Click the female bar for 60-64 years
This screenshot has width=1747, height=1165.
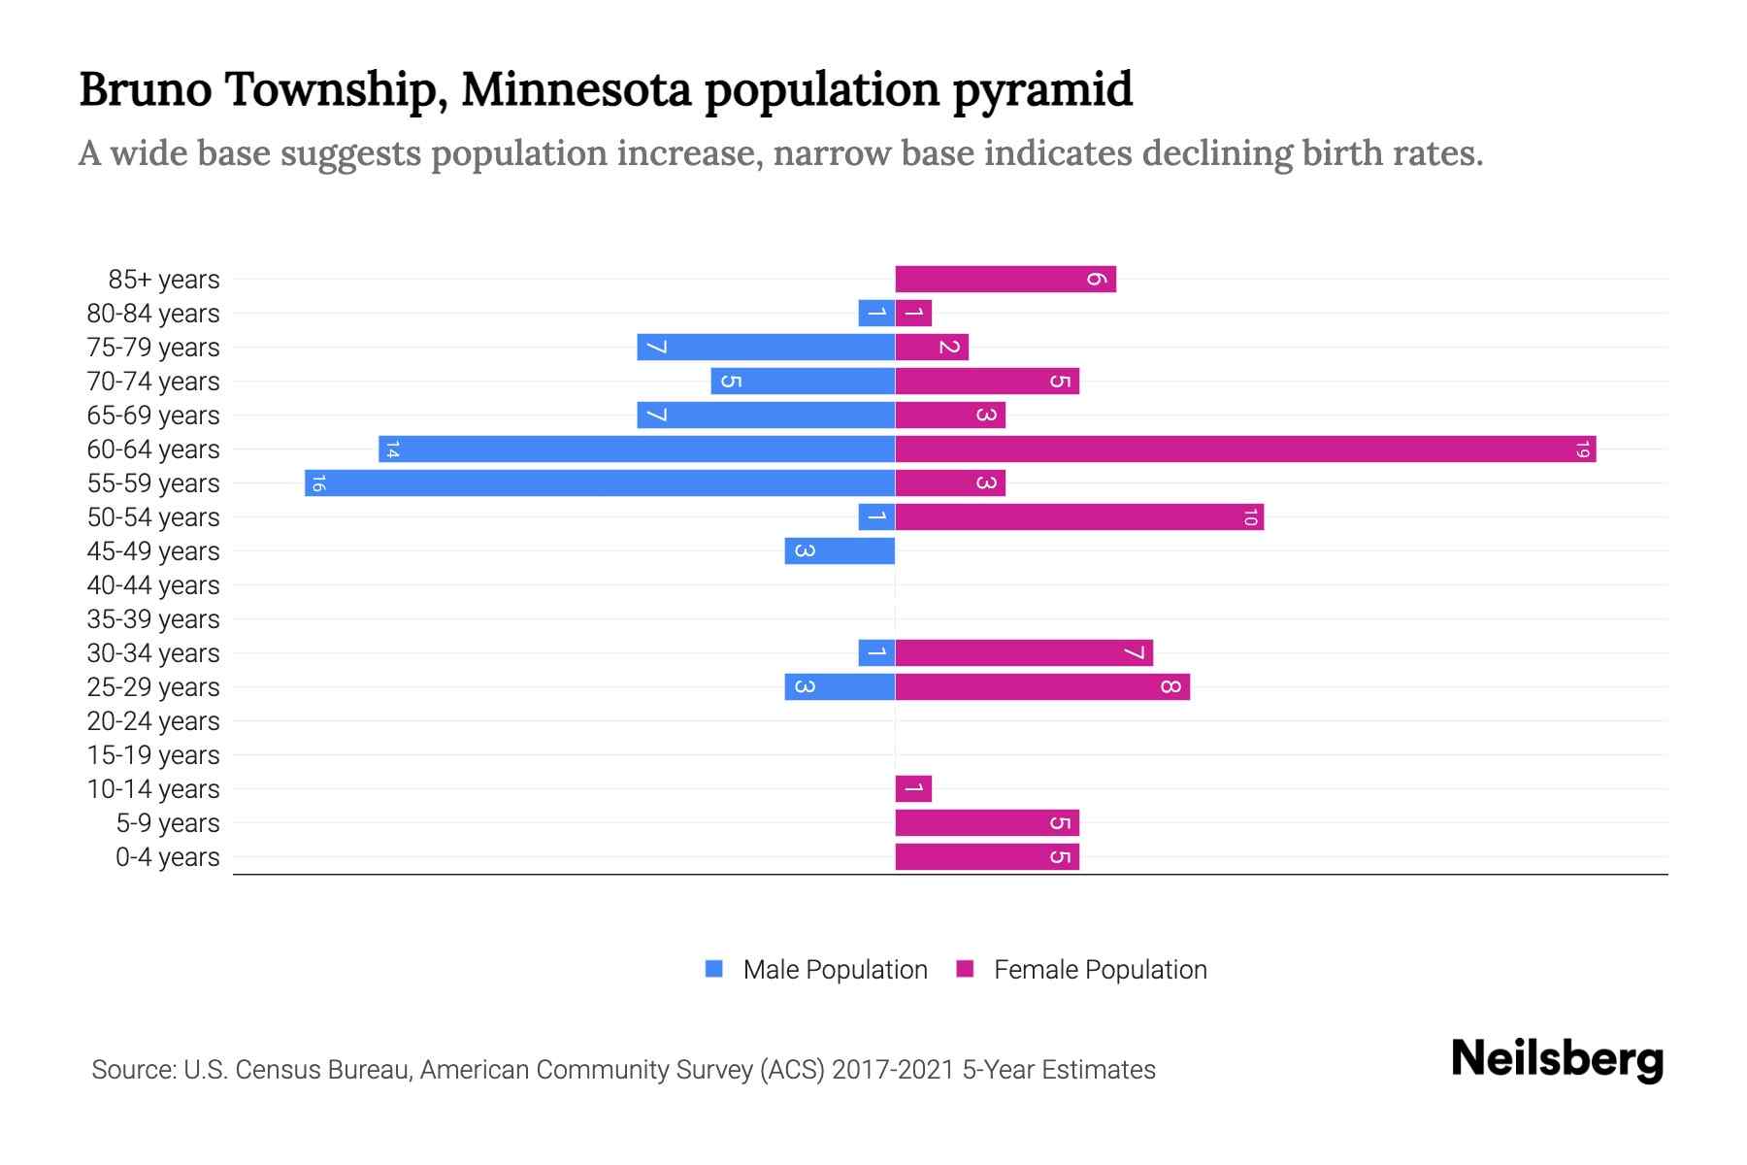point(1245,449)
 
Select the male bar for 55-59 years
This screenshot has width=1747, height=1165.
point(600,483)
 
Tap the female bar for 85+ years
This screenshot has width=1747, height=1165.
point(1005,280)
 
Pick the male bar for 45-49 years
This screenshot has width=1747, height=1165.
point(840,551)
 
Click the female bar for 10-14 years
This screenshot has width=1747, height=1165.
point(913,789)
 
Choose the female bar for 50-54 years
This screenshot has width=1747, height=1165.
point(1079,517)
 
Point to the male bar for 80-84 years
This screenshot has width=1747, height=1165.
point(876,314)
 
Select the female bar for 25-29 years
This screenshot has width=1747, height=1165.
point(1042,687)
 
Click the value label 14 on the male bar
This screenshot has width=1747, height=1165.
point(392,449)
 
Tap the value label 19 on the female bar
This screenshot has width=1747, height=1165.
point(1582,449)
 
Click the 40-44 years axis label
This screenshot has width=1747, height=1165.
point(153,585)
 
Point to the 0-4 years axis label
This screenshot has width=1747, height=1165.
point(167,857)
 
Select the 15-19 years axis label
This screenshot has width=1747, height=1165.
point(153,755)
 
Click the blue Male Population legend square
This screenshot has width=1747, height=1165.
point(714,969)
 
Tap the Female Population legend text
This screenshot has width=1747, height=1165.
point(1100,970)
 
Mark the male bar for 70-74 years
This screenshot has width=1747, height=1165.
point(803,382)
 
